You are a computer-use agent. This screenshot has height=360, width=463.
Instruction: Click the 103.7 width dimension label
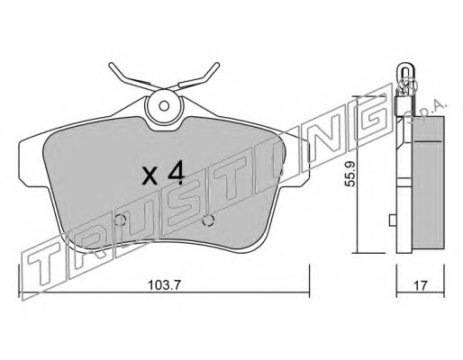coord(164,285)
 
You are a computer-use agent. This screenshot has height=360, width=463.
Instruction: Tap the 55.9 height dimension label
coord(350,174)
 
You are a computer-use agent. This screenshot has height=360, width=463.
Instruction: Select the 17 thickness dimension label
coord(420,286)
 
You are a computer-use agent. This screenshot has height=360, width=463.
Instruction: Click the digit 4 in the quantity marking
coord(176,174)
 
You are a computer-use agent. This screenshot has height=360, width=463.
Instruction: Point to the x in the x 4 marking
coord(150,176)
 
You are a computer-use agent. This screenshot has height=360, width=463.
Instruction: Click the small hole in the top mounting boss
coord(164,106)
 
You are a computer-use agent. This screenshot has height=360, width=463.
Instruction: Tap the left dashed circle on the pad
coord(120,220)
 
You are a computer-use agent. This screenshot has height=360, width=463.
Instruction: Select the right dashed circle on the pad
coord(208,220)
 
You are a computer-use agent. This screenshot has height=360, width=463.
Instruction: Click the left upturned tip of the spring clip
coord(111,64)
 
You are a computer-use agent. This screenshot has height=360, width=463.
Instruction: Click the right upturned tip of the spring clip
coord(217,64)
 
